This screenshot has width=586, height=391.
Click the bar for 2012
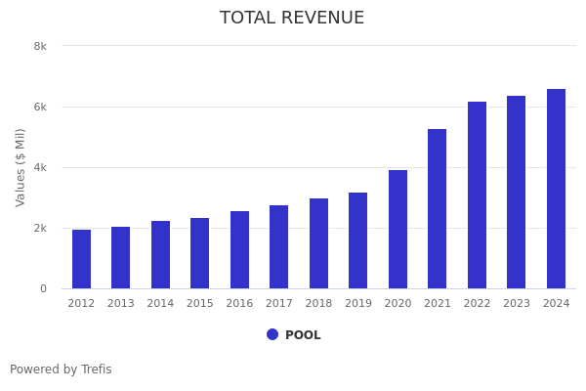(x=81, y=259)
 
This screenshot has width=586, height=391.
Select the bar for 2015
(x=199, y=253)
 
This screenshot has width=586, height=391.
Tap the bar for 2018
(x=318, y=243)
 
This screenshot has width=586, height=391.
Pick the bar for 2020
(x=398, y=230)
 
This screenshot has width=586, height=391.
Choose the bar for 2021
(x=437, y=209)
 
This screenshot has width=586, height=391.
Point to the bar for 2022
(x=477, y=195)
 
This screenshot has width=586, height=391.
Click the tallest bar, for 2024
(x=556, y=189)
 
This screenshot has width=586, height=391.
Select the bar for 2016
(x=239, y=250)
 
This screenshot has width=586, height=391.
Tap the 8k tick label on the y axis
(x=40, y=46)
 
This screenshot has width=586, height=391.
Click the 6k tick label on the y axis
(x=40, y=107)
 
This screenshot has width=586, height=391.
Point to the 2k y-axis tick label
(x=40, y=228)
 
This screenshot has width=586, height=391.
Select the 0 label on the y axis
(x=43, y=288)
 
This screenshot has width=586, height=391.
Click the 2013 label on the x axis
(x=120, y=304)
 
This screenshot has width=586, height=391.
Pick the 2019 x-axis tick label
(x=358, y=304)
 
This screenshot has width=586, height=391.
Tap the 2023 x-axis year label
(x=517, y=304)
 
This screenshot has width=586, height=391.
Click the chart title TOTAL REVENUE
(x=292, y=19)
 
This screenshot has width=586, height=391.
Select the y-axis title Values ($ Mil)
(x=21, y=167)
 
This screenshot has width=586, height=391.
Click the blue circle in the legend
(x=272, y=334)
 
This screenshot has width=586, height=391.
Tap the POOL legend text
(x=303, y=335)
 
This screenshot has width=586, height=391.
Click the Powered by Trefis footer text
(x=61, y=369)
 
